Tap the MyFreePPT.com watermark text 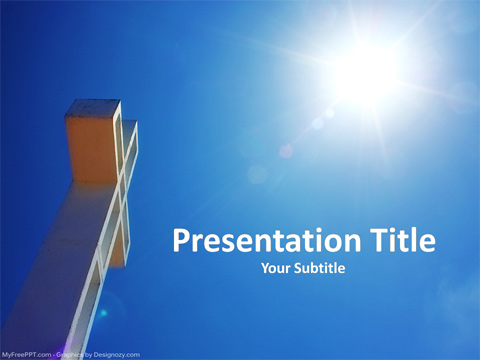[x=27, y=354]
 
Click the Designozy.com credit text [x=119, y=354]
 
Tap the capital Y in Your [x=265, y=268]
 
